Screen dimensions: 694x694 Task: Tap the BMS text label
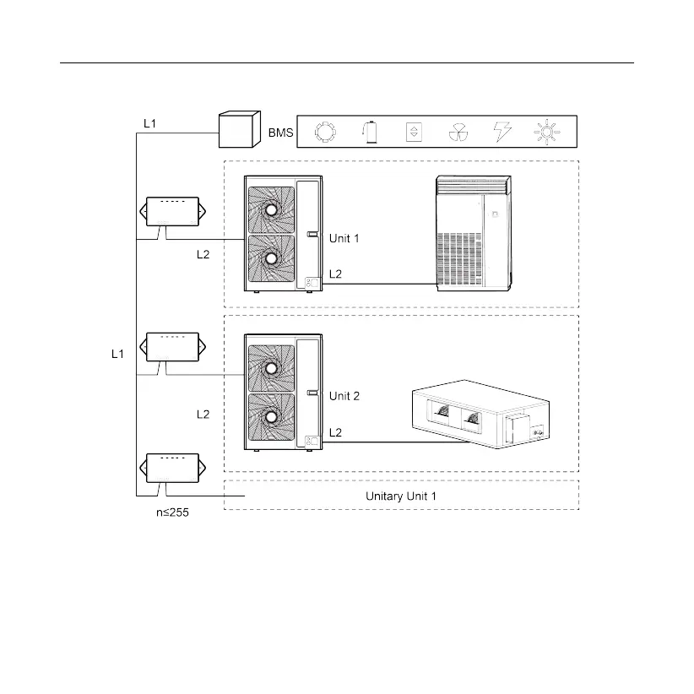click(280, 133)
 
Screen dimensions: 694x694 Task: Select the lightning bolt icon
click(502, 133)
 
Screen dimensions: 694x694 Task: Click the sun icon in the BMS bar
click(546, 133)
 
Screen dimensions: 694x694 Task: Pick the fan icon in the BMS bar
click(457, 133)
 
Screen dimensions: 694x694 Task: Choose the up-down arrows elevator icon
click(413, 133)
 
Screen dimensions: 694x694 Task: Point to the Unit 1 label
click(344, 239)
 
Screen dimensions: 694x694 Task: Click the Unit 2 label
click(344, 396)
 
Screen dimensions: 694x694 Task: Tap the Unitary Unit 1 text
click(401, 496)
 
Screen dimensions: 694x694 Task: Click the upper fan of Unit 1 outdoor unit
click(270, 209)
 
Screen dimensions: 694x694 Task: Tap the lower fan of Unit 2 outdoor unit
click(270, 416)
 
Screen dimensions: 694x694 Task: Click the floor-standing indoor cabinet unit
click(473, 234)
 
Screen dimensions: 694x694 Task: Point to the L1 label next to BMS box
click(150, 123)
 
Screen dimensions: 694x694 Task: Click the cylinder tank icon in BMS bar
click(369, 133)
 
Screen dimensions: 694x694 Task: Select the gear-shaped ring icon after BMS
click(325, 133)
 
